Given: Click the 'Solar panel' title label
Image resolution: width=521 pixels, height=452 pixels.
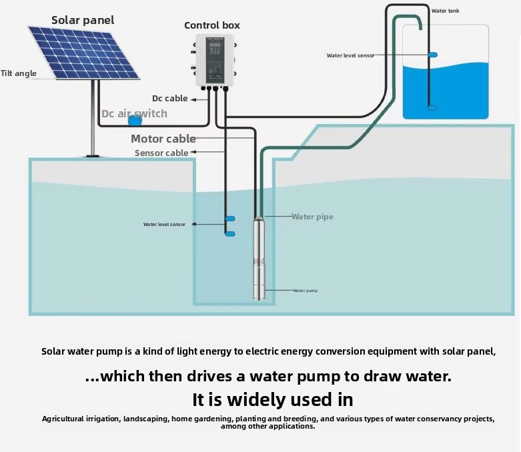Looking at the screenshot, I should (x=83, y=20).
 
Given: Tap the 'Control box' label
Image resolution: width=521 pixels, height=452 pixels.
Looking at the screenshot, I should (x=212, y=25).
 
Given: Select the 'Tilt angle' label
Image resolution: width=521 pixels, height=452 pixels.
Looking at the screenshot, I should (x=19, y=73).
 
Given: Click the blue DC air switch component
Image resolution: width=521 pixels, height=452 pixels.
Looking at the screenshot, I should (x=135, y=121).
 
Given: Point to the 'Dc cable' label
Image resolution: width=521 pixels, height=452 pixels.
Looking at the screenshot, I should (x=170, y=99).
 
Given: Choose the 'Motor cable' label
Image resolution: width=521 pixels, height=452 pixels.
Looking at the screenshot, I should (x=163, y=139).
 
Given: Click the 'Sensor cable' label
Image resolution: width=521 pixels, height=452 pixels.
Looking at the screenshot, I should (x=161, y=153).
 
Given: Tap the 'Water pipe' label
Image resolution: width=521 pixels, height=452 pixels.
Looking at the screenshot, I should (x=312, y=217).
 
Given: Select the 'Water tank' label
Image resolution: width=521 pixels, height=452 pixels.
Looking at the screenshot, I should (x=445, y=11).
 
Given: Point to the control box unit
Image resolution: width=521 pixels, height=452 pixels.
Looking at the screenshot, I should (x=214, y=61).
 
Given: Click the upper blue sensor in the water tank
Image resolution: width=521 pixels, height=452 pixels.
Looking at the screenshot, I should (x=432, y=55).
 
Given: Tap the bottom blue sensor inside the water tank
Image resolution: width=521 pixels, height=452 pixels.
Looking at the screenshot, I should (x=432, y=107).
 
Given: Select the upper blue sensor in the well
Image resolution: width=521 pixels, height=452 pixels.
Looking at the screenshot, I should (x=230, y=219).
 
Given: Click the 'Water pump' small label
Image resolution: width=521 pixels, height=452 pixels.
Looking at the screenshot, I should (x=306, y=291).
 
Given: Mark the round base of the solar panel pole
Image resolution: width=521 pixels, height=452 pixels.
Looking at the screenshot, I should (x=93, y=155).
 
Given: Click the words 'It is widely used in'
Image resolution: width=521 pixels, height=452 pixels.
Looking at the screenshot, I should (x=273, y=400).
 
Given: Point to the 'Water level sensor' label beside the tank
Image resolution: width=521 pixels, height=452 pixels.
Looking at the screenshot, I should (x=350, y=56).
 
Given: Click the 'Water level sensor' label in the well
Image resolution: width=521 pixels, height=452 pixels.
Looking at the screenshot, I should (x=164, y=225).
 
